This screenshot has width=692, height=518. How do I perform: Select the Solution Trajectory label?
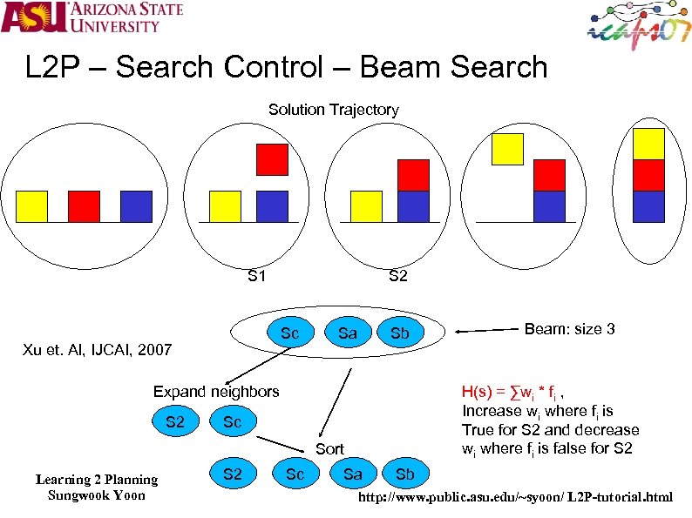click(333, 110)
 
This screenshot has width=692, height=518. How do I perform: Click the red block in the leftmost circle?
click(84, 206)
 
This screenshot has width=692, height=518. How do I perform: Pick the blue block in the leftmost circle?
click(136, 206)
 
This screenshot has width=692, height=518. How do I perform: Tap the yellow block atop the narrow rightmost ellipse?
click(648, 144)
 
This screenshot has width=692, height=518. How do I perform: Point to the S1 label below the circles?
click(256, 277)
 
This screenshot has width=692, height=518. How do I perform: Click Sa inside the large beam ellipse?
click(347, 332)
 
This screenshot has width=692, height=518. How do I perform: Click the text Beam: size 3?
click(569, 329)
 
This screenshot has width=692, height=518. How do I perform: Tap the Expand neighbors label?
click(216, 391)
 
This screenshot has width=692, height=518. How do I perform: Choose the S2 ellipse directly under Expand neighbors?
click(175, 421)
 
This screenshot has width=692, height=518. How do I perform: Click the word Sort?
click(329, 449)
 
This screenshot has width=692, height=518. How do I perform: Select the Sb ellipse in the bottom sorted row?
click(405, 474)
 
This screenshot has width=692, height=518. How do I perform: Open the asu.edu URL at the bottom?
click(516, 497)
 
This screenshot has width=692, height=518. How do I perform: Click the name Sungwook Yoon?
click(96, 495)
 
